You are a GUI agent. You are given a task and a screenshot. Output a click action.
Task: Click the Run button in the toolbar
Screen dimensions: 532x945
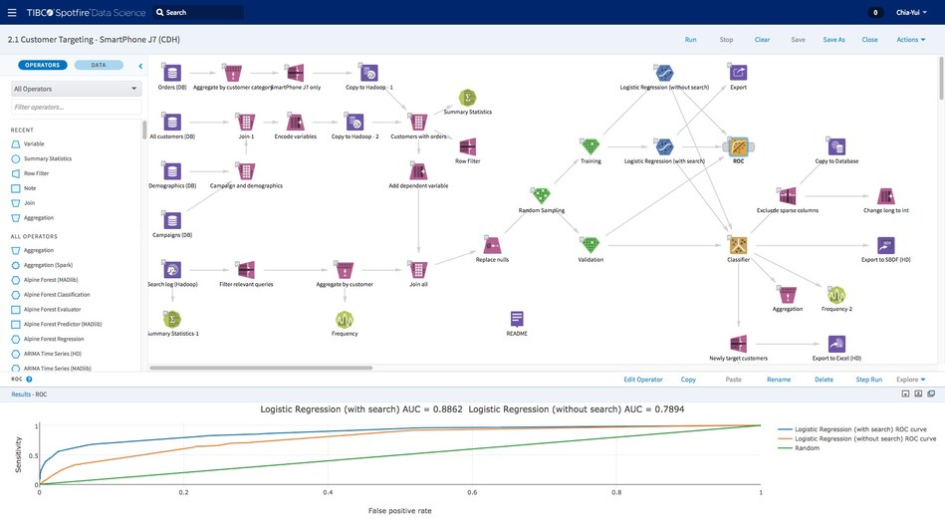point(690,40)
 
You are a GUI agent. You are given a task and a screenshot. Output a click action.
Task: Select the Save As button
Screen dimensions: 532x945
point(833,40)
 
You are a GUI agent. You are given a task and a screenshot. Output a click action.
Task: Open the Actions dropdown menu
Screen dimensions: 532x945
point(910,40)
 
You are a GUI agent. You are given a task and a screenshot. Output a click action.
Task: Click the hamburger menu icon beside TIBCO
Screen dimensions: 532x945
point(12,13)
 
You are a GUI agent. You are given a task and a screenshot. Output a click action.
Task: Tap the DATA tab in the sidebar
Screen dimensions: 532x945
point(99,65)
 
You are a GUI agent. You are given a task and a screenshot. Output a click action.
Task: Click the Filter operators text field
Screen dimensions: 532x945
point(76,107)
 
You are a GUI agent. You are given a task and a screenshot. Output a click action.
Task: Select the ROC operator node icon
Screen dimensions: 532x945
point(738,146)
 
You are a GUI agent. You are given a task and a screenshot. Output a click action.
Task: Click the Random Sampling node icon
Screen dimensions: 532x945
point(541,195)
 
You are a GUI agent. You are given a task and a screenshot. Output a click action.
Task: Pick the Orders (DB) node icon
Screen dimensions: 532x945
point(172,73)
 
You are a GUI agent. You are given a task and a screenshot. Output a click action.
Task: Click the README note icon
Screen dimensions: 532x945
point(517,319)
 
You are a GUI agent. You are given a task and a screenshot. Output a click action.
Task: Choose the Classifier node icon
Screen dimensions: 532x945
point(738,245)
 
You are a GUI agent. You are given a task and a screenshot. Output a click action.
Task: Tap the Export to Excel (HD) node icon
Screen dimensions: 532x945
point(836,344)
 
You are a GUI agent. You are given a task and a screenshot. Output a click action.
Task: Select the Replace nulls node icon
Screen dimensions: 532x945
point(492,245)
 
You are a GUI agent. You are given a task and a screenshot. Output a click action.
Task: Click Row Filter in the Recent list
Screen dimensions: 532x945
point(36,173)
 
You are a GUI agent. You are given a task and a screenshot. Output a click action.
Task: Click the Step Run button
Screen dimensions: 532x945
point(868,380)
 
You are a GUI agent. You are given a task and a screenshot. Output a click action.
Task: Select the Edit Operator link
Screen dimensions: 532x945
point(642,380)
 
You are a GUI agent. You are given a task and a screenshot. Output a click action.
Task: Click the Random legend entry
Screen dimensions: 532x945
point(808,448)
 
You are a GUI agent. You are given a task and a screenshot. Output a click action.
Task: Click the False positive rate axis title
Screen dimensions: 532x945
point(399,510)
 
